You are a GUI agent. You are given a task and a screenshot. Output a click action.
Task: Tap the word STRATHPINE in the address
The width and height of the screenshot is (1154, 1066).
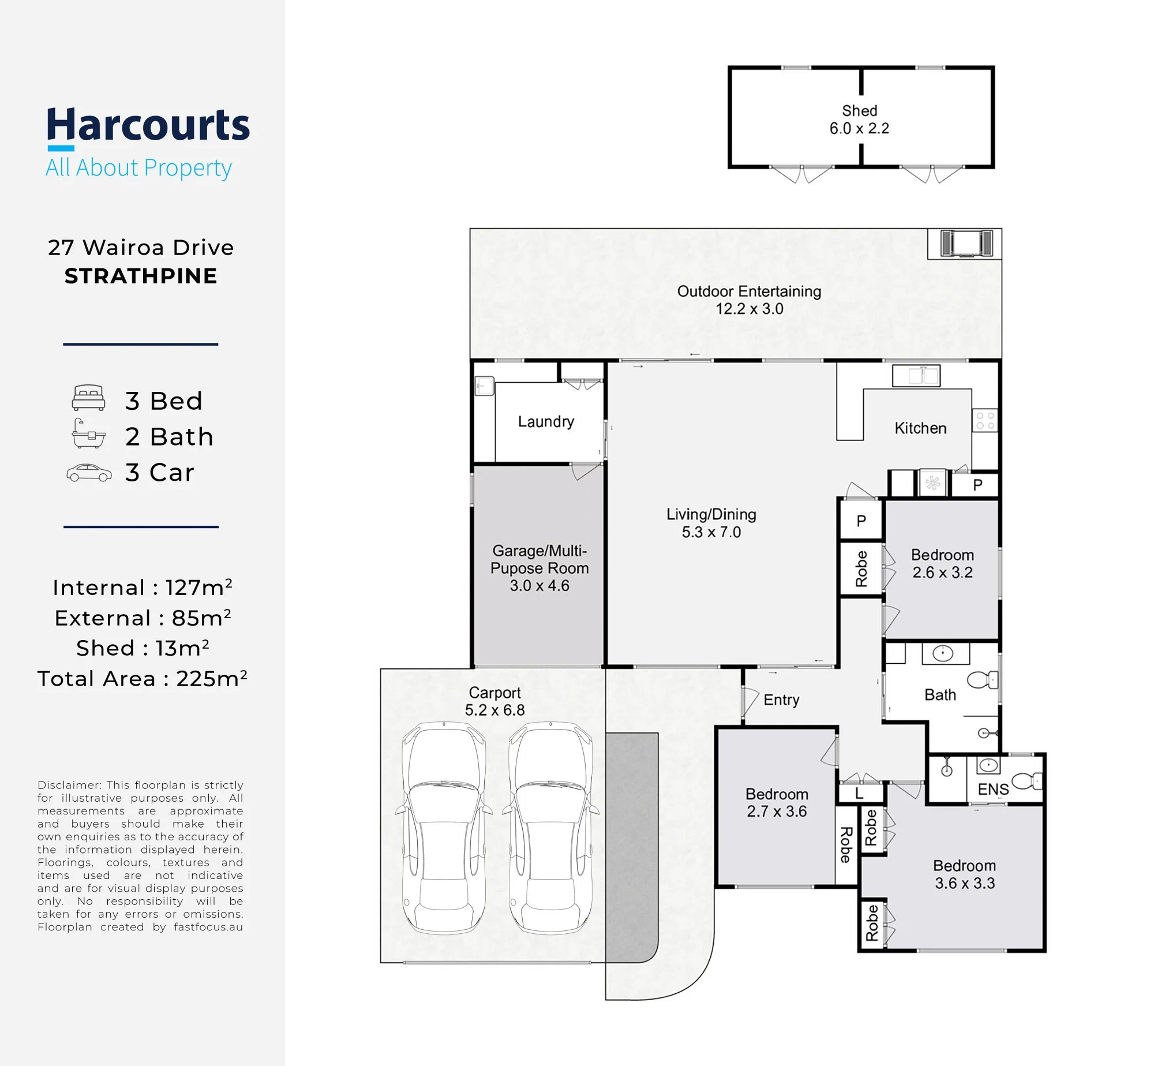click(x=141, y=276)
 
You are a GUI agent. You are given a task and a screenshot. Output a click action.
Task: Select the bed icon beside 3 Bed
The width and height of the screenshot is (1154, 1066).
click(x=89, y=398)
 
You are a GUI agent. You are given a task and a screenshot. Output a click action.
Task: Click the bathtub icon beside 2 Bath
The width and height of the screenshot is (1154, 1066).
click(x=89, y=433)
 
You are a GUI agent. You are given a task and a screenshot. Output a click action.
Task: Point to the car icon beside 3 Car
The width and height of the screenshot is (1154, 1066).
click(x=89, y=473)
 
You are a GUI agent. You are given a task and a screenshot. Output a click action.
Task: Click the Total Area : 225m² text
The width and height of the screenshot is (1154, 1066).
click(x=143, y=678)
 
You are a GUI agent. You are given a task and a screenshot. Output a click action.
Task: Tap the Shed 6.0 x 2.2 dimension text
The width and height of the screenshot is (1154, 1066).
click(x=859, y=128)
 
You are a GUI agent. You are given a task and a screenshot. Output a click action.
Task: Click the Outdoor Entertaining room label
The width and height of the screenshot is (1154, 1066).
click(x=749, y=291)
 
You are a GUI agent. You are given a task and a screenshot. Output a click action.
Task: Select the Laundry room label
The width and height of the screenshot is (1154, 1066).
click(x=546, y=422)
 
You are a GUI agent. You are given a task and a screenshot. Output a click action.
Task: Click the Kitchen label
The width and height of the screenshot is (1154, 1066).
click(x=920, y=428)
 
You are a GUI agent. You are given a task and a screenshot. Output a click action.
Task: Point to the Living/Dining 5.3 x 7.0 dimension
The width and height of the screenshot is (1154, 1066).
click(x=711, y=532)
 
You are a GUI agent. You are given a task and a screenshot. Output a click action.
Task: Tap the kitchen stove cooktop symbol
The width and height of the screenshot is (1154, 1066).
click(x=985, y=421)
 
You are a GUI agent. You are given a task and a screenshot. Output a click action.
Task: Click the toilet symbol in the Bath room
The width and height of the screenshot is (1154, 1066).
click(x=983, y=680)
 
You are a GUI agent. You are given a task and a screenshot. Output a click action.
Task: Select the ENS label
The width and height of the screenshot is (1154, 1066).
click(x=993, y=789)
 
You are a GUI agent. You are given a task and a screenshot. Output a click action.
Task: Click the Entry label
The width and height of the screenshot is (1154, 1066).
click(x=781, y=700)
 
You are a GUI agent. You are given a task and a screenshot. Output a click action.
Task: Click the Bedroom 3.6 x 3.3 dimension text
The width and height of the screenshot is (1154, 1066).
click(x=965, y=883)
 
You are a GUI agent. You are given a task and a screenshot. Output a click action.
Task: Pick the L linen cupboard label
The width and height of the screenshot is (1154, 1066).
click(x=859, y=794)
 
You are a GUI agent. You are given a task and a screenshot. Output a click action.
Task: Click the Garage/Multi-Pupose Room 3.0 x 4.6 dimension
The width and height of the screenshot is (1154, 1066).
click(x=539, y=585)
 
